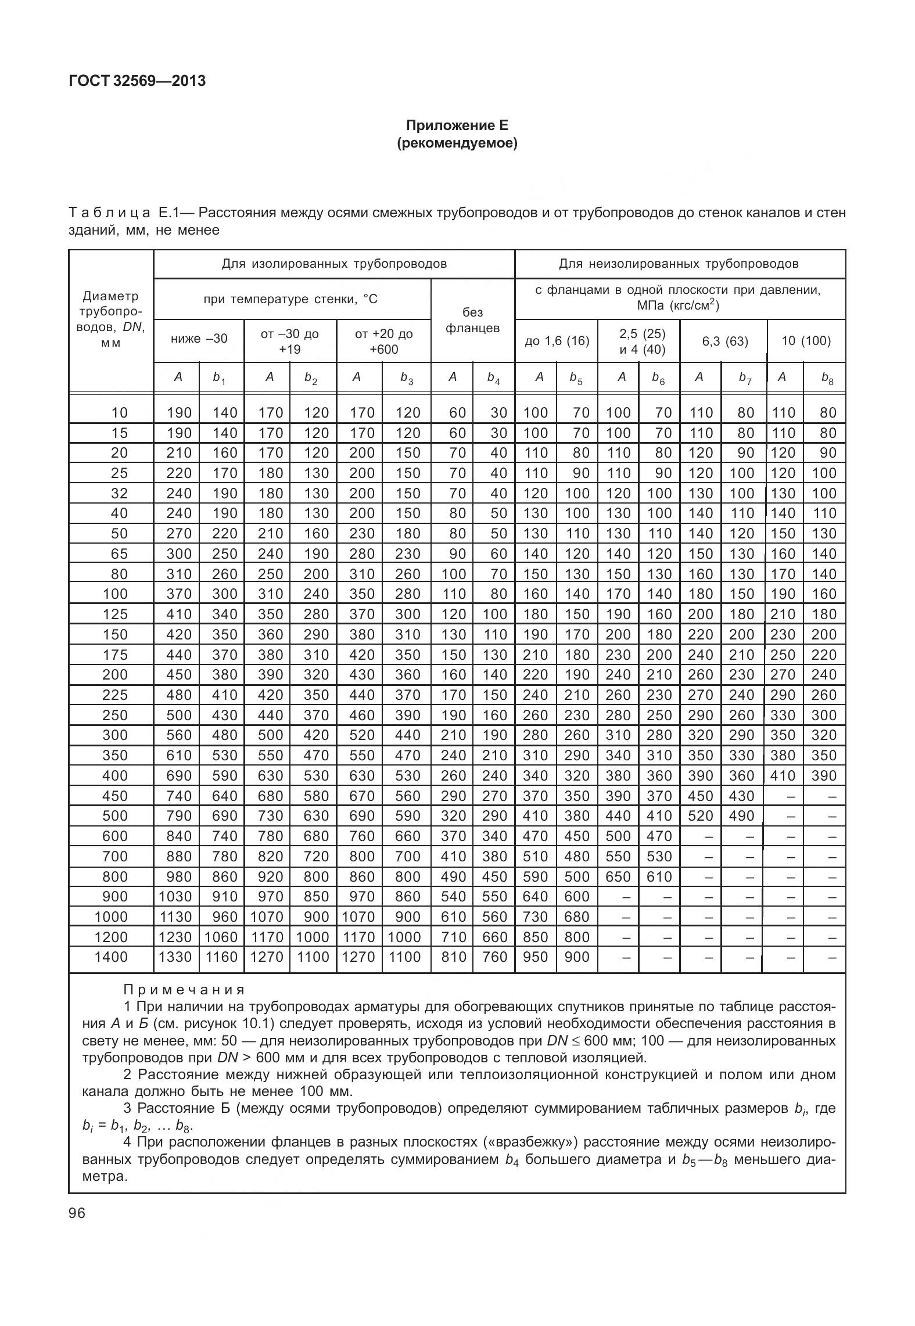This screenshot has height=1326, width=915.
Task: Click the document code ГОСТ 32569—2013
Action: [x=137, y=81]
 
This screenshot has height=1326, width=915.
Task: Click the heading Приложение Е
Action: [x=457, y=125]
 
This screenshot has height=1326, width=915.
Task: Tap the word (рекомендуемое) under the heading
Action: [x=457, y=143]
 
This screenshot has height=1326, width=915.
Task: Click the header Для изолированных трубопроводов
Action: [x=334, y=264]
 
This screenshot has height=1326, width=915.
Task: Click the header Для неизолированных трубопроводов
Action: [x=679, y=264]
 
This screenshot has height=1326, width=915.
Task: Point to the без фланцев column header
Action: [x=472, y=321]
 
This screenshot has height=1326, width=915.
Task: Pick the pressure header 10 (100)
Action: [x=806, y=341]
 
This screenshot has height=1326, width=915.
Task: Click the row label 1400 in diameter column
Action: [x=110, y=957]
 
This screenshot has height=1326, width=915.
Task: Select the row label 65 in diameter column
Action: [x=119, y=554]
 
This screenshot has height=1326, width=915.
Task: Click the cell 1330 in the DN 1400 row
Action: [x=175, y=957]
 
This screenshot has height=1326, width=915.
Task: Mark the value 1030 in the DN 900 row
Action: [x=175, y=896]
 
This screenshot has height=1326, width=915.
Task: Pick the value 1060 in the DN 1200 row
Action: [x=221, y=937]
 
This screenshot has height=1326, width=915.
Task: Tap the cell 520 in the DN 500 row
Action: [x=700, y=816]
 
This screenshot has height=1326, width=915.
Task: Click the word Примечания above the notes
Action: [x=184, y=989]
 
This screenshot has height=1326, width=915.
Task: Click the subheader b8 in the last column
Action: [x=827, y=378]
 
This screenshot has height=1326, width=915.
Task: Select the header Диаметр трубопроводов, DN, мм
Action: [x=111, y=319]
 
